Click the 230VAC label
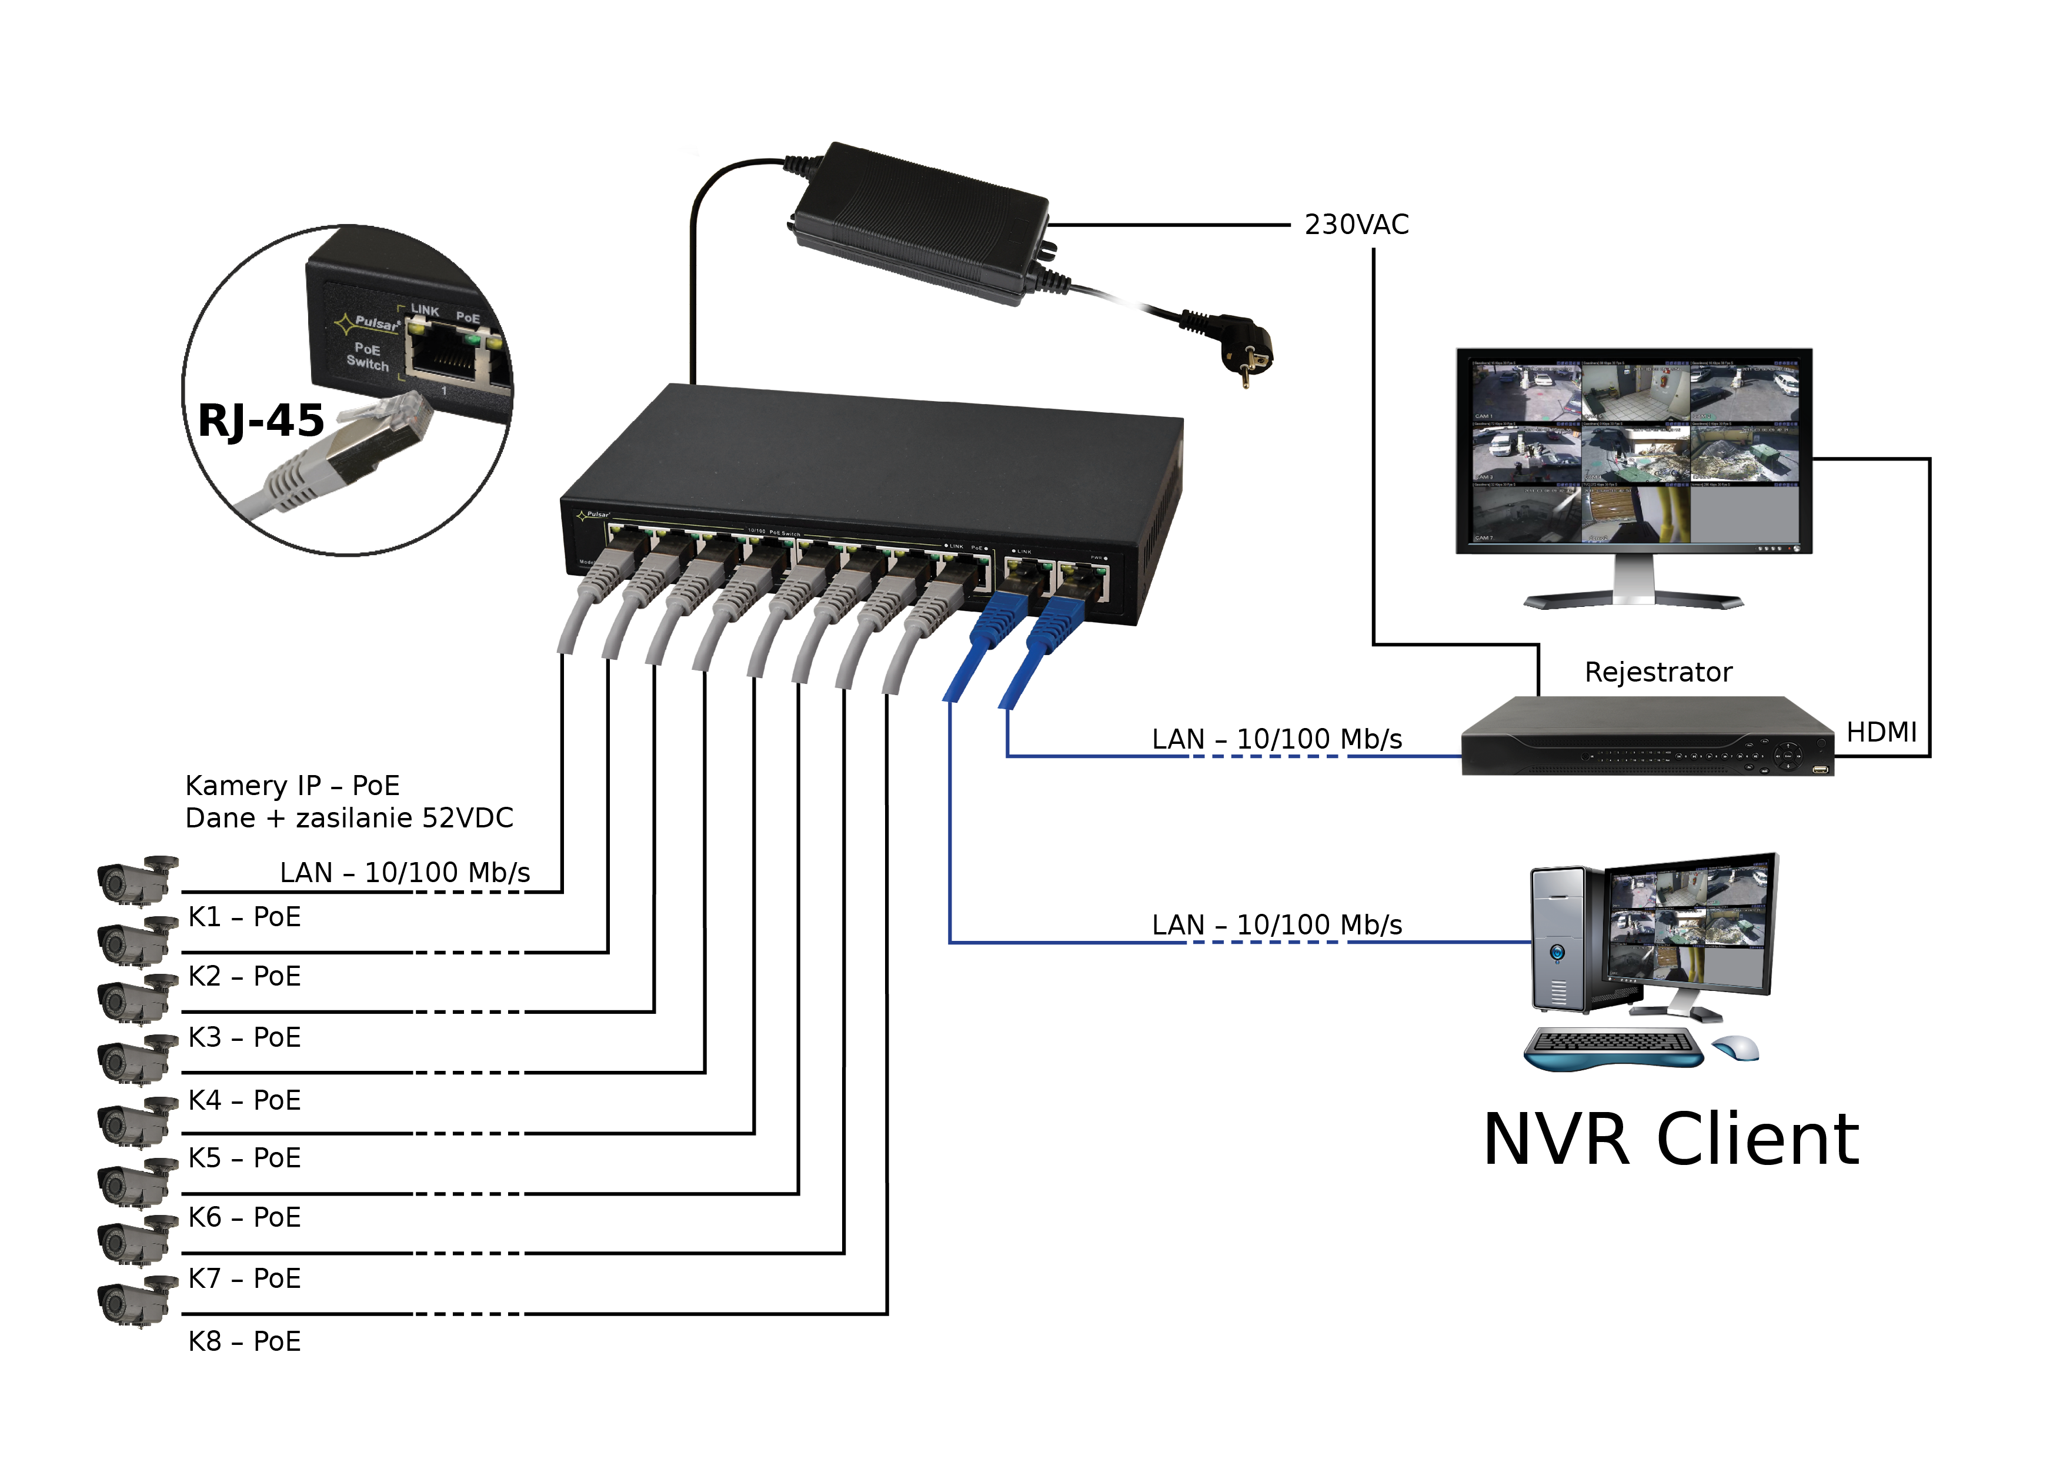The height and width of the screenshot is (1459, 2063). click(x=1356, y=225)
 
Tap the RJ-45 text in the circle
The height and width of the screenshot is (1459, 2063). click(x=261, y=420)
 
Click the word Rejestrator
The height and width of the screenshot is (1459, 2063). click(x=1658, y=672)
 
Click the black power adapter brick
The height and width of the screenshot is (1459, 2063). click(x=921, y=220)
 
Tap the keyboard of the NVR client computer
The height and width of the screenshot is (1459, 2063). click(x=1613, y=1047)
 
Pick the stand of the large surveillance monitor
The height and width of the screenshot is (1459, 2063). click(x=1634, y=589)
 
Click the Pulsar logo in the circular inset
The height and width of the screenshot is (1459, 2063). click(x=368, y=322)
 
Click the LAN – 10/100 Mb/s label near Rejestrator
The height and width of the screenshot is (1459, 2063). click(x=1276, y=739)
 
